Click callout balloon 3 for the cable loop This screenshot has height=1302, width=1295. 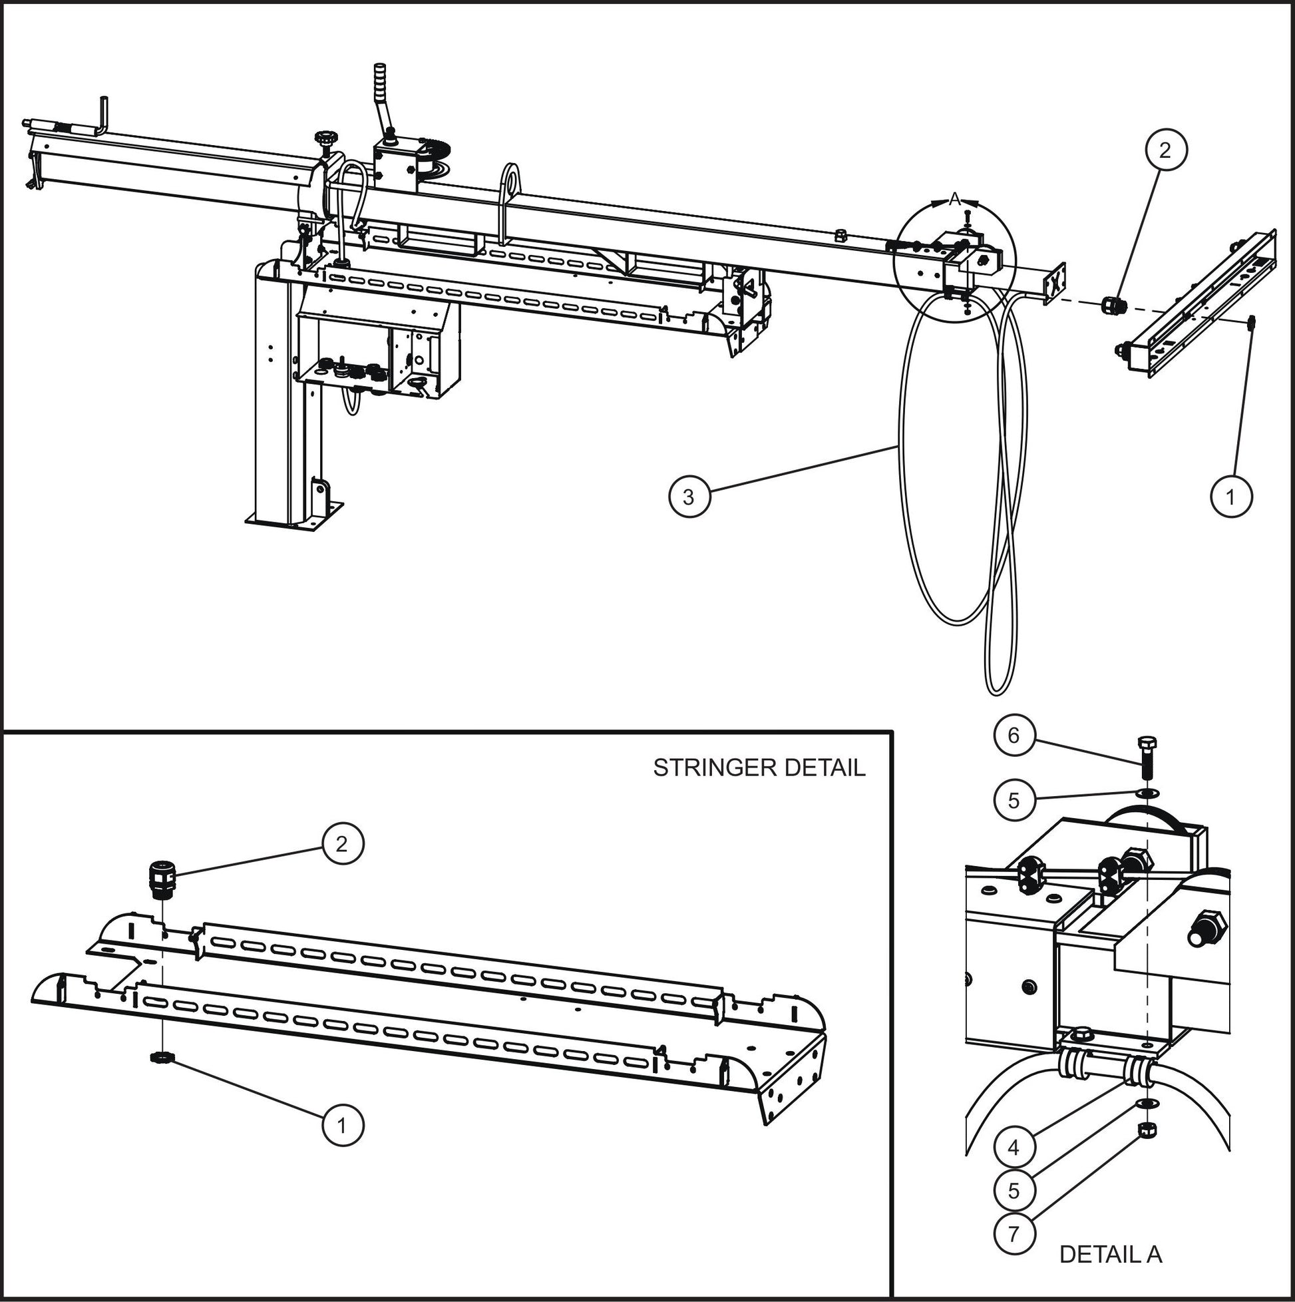pos(688,497)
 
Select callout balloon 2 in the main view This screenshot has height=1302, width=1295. pos(1165,150)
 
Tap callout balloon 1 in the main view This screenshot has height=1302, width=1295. pos(1231,497)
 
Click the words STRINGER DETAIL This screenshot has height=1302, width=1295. pos(759,767)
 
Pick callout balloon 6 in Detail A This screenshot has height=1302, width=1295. pos(1014,736)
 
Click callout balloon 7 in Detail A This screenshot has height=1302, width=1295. pos(1014,1233)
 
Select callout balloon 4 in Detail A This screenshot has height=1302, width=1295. pos(1014,1147)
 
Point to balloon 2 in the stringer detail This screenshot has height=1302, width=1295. pos(341,843)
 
